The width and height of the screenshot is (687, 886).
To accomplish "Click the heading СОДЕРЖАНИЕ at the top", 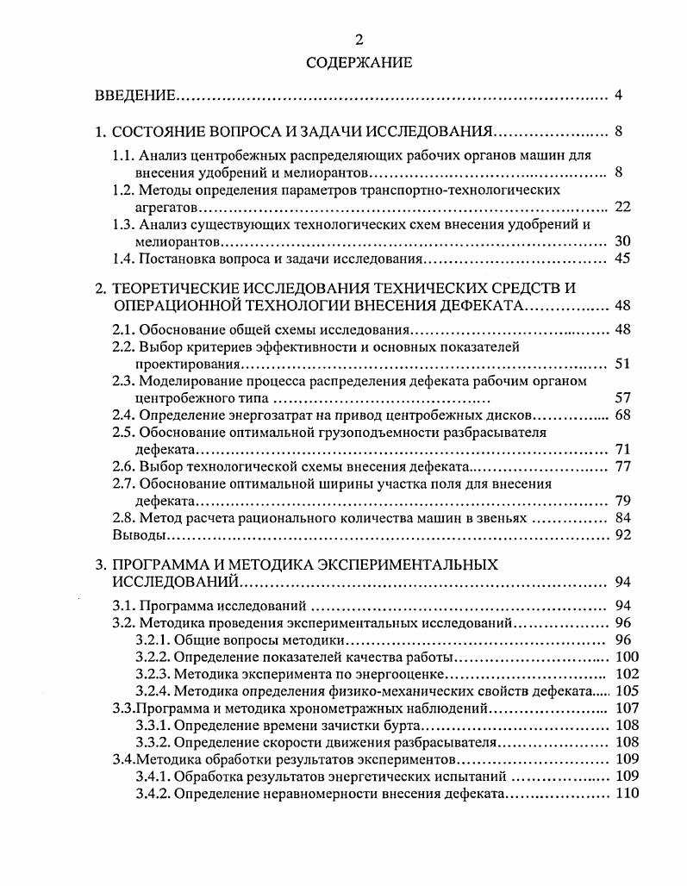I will pyautogui.click(x=347, y=62).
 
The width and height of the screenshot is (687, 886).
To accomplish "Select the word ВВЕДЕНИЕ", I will pyautogui.click(x=135, y=95).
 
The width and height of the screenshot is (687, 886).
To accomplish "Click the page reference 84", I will pyautogui.click(x=624, y=517).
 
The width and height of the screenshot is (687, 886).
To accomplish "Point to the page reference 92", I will pyautogui.click(x=624, y=534).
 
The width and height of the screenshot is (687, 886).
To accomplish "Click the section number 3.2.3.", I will pyautogui.click(x=152, y=673).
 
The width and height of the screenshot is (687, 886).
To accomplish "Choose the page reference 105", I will pyautogui.click(x=627, y=690).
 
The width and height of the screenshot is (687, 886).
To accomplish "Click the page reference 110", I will pyautogui.click(x=627, y=793).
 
